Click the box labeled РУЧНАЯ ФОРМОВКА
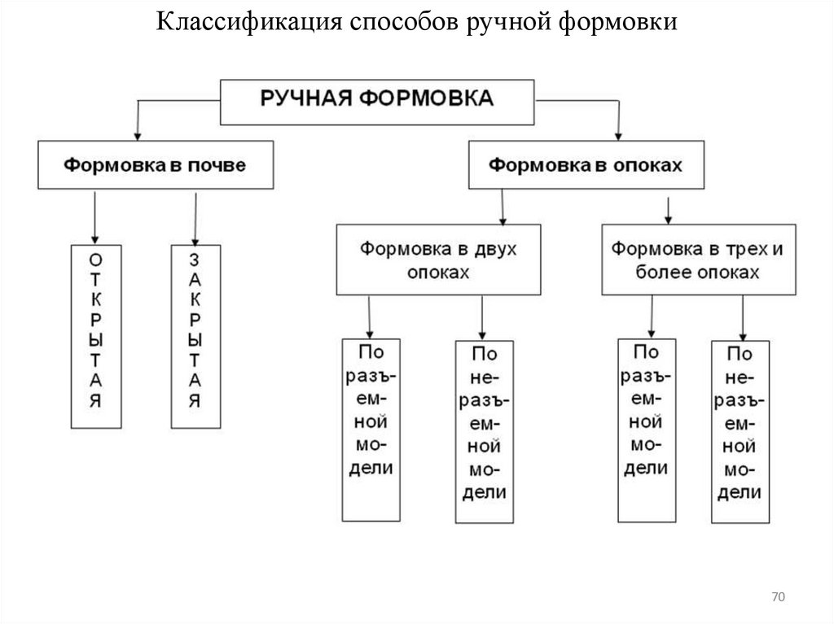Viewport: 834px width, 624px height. pos(377,101)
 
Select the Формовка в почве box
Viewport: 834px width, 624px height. pos(155,165)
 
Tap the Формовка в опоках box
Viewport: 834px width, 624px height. pos(585,165)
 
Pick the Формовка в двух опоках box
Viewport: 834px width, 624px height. pos(438,259)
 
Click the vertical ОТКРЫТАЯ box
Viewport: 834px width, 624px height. pos(96,335)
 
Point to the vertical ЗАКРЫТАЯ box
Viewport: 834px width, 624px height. pos(195,335)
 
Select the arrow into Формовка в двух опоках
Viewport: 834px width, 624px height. pos(503,213)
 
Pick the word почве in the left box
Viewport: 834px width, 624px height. pos(216,165)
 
